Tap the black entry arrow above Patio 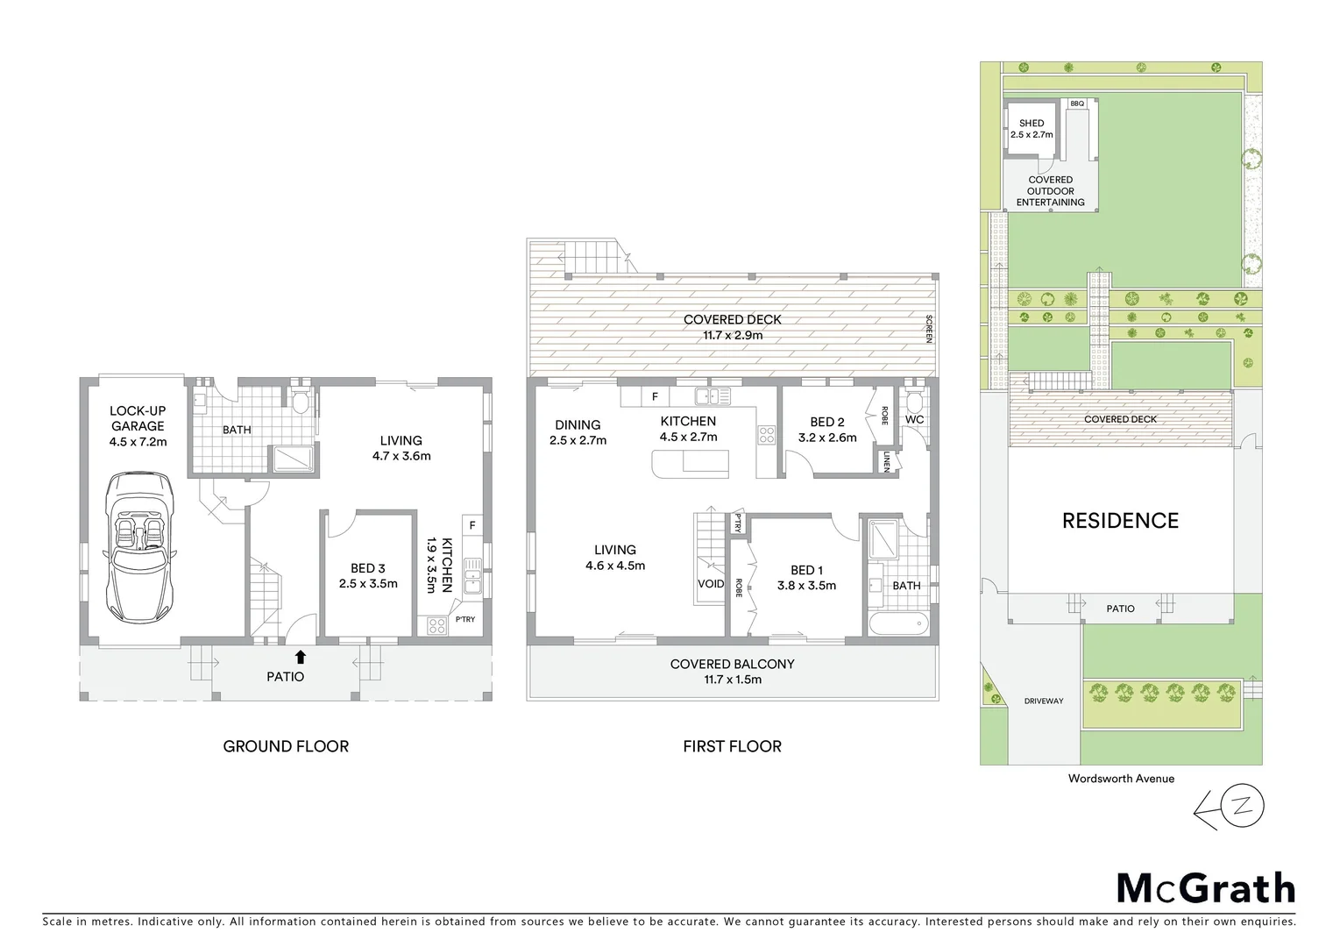click(301, 656)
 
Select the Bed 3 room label click(368, 575)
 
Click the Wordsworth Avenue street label click(1121, 778)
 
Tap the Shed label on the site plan click(1032, 129)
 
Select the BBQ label click(1077, 103)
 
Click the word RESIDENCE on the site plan click(1120, 521)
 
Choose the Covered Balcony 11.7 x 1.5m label click(732, 671)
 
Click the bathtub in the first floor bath click(897, 625)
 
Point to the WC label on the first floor click(914, 420)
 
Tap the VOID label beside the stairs click(711, 584)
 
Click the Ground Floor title click(286, 746)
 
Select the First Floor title click(732, 746)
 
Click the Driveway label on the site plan click(1044, 701)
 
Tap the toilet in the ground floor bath click(301, 402)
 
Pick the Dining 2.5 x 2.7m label click(578, 432)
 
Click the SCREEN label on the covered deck click(930, 329)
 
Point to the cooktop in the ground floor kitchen click(436, 625)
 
